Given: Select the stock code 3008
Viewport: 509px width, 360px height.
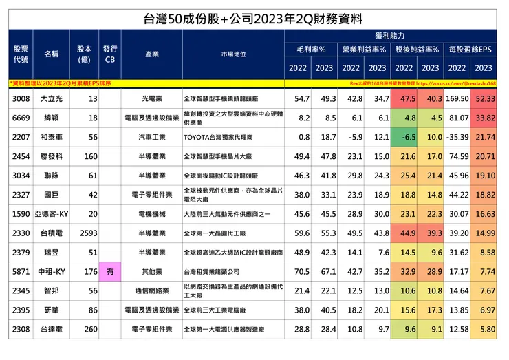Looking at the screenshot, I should pyautogui.click(x=21, y=99).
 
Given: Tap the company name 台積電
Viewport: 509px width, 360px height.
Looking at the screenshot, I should pyautogui.click(x=52, y=233).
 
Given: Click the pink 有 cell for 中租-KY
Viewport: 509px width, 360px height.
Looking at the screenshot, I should pyautogui.click(x=109, y=272).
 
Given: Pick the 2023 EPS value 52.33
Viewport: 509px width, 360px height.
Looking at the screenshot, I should pyautogui.click(x=484, y=99).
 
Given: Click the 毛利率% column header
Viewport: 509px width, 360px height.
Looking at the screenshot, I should pyautogui.click(x=311, y=50).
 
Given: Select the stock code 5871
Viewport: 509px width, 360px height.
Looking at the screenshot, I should pyautogui.click(x=21, y=272).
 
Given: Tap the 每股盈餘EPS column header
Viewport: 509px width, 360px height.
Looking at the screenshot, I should pyautogui.click(x=470, y=50).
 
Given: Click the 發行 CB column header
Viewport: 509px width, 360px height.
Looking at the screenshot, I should pyautogui.click(x=109, y=54).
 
